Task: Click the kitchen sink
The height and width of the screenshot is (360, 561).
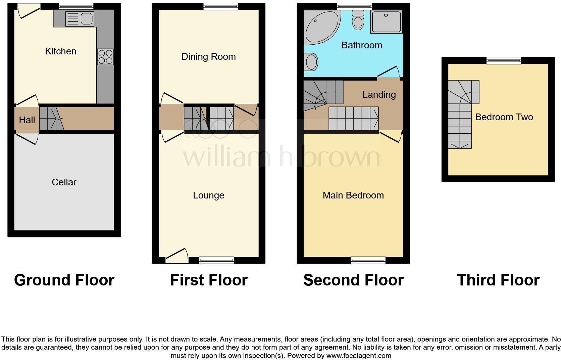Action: [80, 18]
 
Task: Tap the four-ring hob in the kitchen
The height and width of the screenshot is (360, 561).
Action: [105, 57]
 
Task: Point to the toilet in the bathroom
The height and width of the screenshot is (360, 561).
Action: [358, 20]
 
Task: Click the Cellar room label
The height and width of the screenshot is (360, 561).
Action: [64, 182]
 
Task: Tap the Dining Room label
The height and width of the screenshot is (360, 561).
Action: [209, 56]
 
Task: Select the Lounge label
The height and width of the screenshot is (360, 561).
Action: [209, 195]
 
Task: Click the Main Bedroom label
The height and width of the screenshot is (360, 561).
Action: [353, 195]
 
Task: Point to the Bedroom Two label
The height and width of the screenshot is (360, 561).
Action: [504, 117]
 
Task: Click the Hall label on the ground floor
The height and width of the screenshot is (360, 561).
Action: [27, 120]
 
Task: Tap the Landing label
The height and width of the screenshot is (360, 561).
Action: [379, 94]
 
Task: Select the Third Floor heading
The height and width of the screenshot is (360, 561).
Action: [498, 280]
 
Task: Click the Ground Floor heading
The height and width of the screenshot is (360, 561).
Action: [64, 280]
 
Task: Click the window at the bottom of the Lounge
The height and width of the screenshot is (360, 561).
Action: [216, 260]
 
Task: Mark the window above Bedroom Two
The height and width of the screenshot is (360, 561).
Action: [504, 60]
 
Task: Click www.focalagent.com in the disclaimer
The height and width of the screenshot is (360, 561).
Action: [358, 355]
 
